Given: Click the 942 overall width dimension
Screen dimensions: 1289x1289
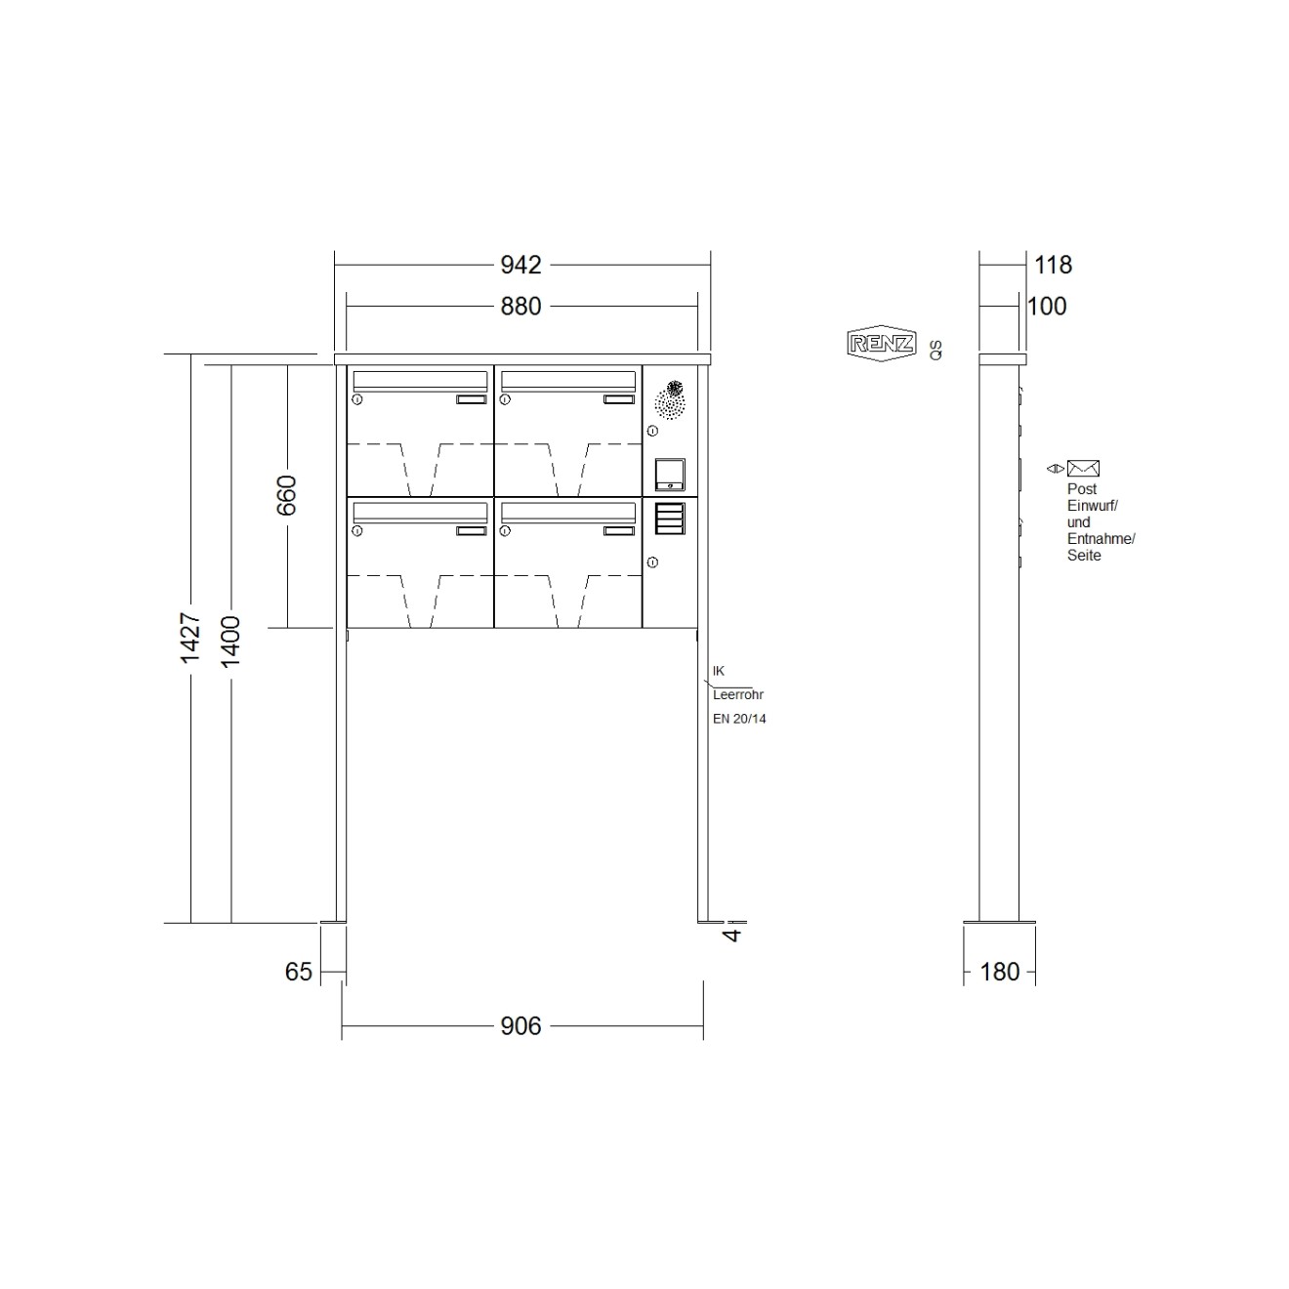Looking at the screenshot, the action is click(520, 265).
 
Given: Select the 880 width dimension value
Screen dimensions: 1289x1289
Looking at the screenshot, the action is click(520, 307).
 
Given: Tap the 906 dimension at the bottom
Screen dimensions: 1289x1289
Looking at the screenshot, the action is click(520, 1025).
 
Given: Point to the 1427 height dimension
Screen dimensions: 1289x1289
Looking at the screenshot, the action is click(190, 638).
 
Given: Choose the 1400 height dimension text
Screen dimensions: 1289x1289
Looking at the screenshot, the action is click(230, 642).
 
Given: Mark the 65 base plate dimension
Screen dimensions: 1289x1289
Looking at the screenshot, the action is click(299, 972).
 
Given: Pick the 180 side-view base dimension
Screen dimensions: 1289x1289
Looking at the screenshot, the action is click(999, 972).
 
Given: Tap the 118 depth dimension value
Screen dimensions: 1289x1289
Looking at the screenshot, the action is click(1053, 265).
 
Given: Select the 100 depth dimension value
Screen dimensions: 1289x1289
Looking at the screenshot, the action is click(1047, 307).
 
